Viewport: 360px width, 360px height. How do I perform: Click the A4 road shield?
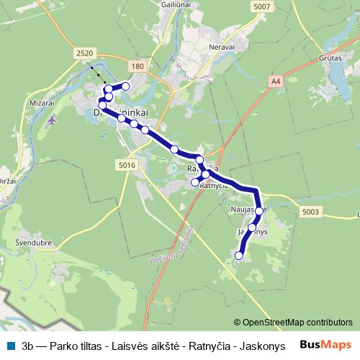click(276, 82)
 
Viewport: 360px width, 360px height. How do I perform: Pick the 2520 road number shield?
click(84, 53)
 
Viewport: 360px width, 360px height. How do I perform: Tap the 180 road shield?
click(139, 66)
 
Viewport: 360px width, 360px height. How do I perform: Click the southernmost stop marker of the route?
click(239, 255)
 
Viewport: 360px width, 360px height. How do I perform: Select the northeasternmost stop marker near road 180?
click(126, 86)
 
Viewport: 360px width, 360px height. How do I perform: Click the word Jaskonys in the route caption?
click(264, 346)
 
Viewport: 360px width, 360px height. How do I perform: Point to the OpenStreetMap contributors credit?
click(292, 323)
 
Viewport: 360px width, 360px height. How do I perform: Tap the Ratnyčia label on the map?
click(213, 186)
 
